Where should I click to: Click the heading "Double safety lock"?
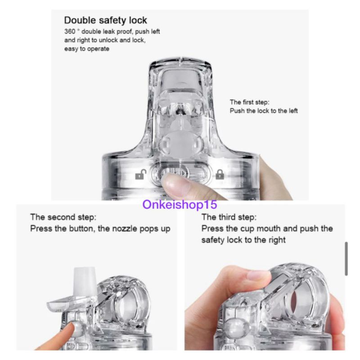coord(105,20)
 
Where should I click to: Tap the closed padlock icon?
coord(220,174)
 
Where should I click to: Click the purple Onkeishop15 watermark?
coord(180,204)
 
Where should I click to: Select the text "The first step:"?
coord(250,102)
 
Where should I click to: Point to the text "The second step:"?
coord(63,217)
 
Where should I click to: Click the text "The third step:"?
coord(229,217)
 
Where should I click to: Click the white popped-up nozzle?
coord(84,283)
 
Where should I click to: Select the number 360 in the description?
coord(70,31)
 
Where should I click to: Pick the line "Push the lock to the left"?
coord(264,111)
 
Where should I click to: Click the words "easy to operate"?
coord(87,49)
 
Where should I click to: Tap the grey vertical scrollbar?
coord(346,258)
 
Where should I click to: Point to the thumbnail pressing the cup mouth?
coord(258,274)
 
